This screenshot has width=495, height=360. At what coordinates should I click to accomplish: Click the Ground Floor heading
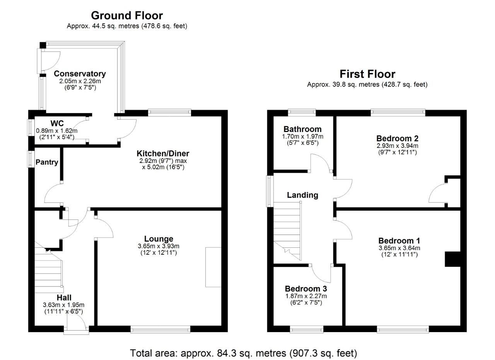pyautogui.click(x=126, y=15)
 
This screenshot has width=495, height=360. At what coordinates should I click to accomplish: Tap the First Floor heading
pyautogui.click(x=367, y=74)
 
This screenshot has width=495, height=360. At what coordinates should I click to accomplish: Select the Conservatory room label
pyautogui.click(x=80, y=74)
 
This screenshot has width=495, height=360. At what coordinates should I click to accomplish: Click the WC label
pyautogui.click(x=57, y=123)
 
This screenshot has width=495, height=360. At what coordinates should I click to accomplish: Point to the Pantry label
pyautogui.click(x=47, y=162)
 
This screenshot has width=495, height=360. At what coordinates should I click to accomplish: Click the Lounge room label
pyautogui.click(x=159, y=239)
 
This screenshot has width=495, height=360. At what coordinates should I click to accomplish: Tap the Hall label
pyautogui.click(x=64, y=297)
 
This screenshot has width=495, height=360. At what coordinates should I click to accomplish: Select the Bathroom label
pyautogui.click(x=302, y=129)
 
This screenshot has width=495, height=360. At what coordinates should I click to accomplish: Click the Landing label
pyautogui.click(x=302, y=195)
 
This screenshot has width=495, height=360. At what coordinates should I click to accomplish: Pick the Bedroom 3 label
pyautogui.click(x=306, y=289)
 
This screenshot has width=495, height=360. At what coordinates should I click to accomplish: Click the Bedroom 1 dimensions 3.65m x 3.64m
pyautogui.click(x=398, y=248)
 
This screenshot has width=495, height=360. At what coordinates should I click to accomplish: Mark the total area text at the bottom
pyautogui.click(x=243, y=353)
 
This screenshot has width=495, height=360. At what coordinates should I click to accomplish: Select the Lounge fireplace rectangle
pyautogui.click(x=213, y=267)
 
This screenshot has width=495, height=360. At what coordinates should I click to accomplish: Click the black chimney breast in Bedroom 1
pyautogui.click(x=453, y=259)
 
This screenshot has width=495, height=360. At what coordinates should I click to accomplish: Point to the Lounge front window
pyautogui.click(x=160, y=329)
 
